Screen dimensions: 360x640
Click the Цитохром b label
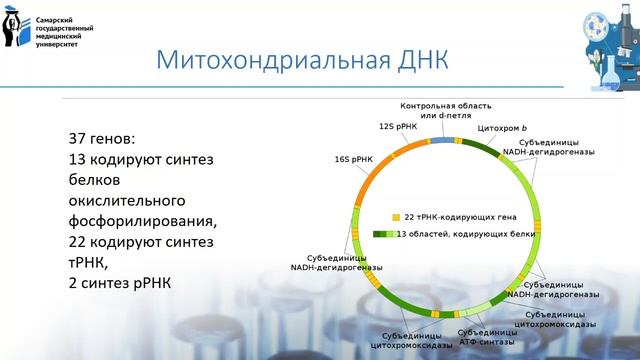[501, 129]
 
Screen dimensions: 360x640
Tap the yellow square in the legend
[396, 216]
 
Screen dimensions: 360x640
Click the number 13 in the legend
[401, 233]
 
